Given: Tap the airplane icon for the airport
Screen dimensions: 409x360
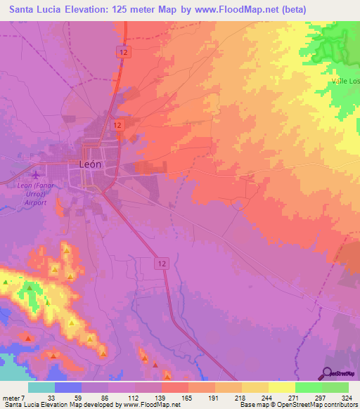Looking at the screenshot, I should [37, 174].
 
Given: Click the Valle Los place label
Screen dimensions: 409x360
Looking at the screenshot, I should [346, 82].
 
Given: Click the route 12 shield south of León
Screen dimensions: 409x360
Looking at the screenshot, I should [162, 262].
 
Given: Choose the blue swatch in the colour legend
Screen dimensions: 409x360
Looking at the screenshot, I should [68, 387].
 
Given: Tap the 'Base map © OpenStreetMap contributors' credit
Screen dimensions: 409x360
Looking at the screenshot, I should [296, 405].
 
